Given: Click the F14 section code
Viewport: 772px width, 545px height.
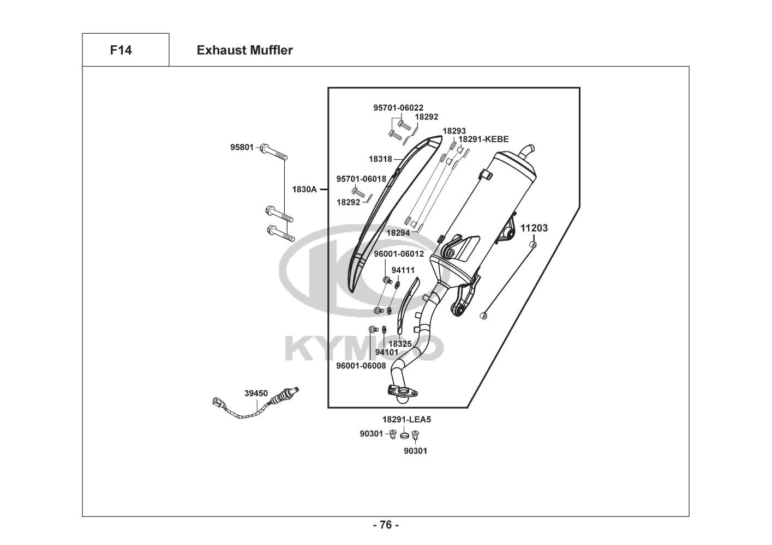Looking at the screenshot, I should tap(121, 51).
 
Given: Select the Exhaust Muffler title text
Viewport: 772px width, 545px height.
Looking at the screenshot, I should tap(244, 51).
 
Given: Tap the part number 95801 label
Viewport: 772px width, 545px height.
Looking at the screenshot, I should tap(242, 147).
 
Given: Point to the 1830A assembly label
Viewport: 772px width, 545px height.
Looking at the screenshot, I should tap(304, 190).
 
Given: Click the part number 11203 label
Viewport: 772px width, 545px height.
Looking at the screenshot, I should tap(534, 228).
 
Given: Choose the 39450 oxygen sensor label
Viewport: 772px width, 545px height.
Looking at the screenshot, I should tap(256, 393).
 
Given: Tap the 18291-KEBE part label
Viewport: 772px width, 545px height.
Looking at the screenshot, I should tap(483, 140).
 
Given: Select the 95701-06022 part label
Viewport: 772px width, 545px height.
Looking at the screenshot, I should tap(398, 108).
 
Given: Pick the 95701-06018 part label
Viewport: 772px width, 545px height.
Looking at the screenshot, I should tap(361, 179).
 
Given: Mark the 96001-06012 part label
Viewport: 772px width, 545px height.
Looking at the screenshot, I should tap(399, 254).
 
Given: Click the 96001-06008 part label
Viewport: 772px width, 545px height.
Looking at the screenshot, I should tap(361, 366).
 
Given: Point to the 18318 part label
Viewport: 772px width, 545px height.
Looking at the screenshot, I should tap(380, 159).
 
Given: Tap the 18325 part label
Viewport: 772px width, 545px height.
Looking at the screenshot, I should tap(400, 344).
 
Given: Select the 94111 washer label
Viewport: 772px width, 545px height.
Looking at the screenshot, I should tap(403, 270).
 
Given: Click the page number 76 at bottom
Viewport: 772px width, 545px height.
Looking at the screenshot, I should tap(386, 525).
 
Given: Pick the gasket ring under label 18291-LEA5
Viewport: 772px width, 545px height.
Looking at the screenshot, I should tap(405, 435).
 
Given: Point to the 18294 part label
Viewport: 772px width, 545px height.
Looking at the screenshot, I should tap(398, 233).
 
